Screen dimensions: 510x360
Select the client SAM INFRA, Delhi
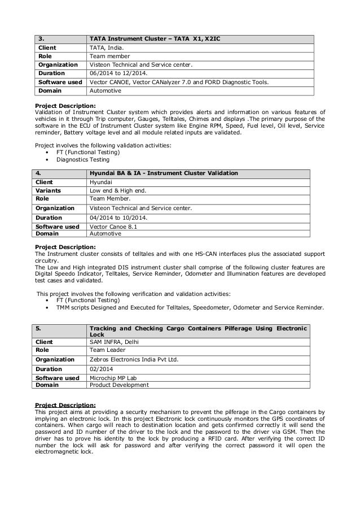coord(114,342)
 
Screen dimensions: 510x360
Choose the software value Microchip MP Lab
coord(115,379)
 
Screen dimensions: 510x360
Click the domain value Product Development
coord(119,385)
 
